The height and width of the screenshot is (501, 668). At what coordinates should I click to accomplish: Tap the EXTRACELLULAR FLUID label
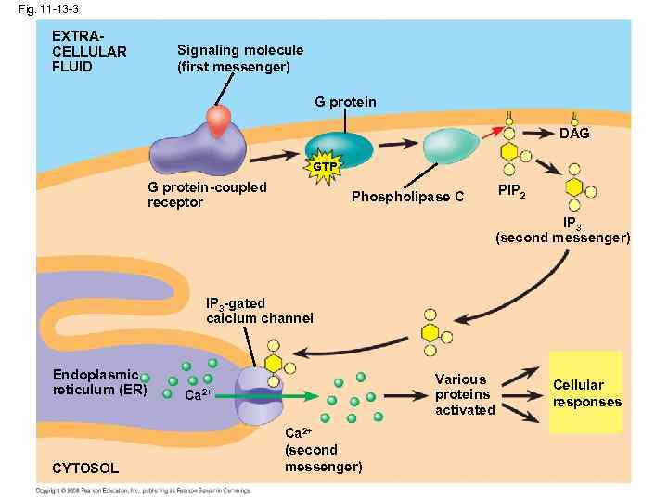[x=89, y=50]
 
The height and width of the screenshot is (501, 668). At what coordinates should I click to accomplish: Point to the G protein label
[x=345, y=101]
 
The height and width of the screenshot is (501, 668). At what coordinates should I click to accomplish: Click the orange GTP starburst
[x=325, y=166]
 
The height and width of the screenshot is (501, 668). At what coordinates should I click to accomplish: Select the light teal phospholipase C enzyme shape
[x=452, y=145]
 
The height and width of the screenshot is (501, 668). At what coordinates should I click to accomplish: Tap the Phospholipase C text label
[x=407, y=197]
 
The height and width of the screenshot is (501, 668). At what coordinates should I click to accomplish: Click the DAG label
[x=574, y=134]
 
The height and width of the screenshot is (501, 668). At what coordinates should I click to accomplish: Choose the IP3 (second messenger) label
[x=563, y=230]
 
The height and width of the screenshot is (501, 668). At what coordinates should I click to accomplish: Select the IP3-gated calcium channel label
[x=260, y=311]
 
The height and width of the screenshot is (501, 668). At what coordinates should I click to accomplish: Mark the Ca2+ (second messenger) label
[x=323, y=450]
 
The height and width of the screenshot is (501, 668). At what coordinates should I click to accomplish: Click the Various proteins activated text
[x=465, y=394]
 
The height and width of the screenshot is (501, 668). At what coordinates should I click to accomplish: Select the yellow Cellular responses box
[x=585, y=392]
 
